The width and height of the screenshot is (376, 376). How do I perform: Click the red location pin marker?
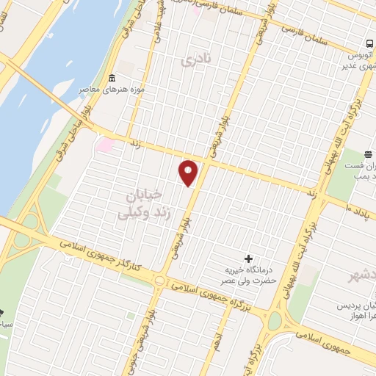coord(189,173)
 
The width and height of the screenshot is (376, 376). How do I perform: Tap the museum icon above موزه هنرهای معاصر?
coord(112,79)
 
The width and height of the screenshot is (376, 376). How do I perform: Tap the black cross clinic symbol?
coord(248,258)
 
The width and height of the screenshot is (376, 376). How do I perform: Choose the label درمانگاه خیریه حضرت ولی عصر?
coord(250,275)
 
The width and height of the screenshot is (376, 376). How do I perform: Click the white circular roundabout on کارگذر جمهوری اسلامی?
coord(159,280)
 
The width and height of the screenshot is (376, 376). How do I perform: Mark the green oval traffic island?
coord(275,321)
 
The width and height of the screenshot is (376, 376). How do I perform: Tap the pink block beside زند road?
coord(104,145)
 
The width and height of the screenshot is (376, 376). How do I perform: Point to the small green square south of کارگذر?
coord(131,295)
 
